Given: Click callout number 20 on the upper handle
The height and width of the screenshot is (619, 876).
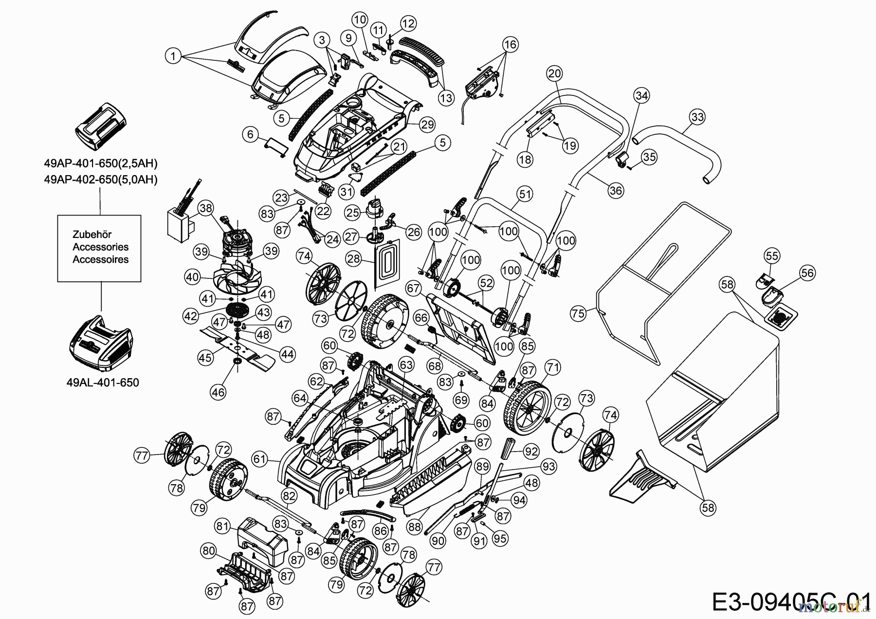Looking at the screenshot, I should (554, 74).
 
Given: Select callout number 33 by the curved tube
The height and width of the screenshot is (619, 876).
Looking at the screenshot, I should (697, 117).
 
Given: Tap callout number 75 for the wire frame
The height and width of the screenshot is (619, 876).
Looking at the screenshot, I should (578, 314).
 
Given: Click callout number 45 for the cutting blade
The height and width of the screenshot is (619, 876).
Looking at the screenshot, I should (205, 358).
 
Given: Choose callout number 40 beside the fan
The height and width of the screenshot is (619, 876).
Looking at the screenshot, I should (192, 277).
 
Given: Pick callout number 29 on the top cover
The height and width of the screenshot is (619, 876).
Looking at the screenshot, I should (427, 125).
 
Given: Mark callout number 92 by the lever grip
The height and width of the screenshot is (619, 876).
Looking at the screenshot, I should (532, 452).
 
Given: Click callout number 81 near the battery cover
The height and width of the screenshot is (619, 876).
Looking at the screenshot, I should (222, 526).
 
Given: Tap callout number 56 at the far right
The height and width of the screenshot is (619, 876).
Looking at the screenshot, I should (807, 273).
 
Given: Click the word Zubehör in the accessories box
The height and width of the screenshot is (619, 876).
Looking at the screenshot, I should (92, 235).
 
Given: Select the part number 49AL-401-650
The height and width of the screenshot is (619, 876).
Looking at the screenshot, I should (103, 382).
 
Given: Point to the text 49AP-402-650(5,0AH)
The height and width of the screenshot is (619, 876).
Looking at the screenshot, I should (101, 180).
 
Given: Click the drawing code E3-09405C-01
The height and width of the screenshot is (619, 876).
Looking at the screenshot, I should (791, 602).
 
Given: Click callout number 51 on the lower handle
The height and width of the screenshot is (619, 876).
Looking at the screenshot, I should (525, 195).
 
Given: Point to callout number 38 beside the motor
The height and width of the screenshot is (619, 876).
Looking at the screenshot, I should (206, 209).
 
